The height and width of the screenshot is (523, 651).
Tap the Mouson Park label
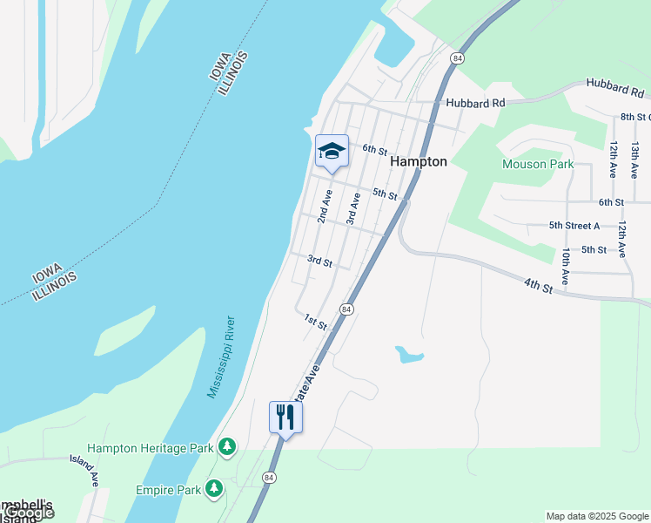coord(538,164)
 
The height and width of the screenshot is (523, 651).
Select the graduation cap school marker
coord(332,152)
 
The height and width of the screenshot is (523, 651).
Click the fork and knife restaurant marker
coord(285,418)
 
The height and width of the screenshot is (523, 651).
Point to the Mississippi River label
coord(220,357)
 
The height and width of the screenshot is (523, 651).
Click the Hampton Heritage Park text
coord(151,448)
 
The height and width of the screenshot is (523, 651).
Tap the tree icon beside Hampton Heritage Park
coord(227,447)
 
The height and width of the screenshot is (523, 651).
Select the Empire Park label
coord(168,490)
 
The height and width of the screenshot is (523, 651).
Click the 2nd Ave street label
coord(325,206)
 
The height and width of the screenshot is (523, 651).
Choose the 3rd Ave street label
coord(352,209)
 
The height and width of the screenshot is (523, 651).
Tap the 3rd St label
coord(320,261)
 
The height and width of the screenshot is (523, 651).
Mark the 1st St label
coord(315,322)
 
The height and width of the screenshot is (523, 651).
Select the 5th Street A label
coord(574,225)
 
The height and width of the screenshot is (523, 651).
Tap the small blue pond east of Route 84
coord(408,355)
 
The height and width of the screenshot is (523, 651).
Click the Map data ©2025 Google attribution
coord(596,516)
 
